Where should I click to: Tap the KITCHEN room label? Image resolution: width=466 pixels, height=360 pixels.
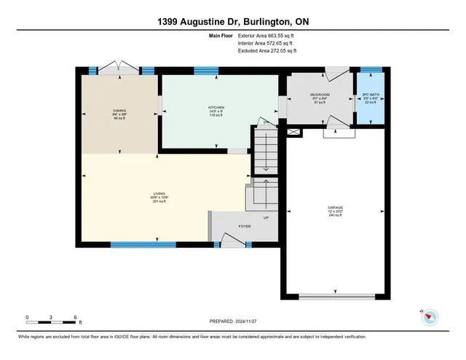(216, 107)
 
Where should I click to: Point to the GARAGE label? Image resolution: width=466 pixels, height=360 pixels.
(335, 208)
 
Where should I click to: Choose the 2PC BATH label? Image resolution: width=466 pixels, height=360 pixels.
(371, 95)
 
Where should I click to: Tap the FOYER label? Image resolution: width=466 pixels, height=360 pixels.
(245, 227)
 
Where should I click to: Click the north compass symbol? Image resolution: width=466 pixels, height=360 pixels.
(429, 316)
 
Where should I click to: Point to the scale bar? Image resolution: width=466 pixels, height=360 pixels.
(52, 321)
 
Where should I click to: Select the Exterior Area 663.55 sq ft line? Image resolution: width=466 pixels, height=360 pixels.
(267, 35)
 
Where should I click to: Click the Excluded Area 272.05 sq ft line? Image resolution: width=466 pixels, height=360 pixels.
(267, 51)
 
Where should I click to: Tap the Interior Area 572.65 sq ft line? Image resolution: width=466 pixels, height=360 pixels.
(266, 43)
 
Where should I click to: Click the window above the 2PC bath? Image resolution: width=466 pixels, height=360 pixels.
(371, 70)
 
